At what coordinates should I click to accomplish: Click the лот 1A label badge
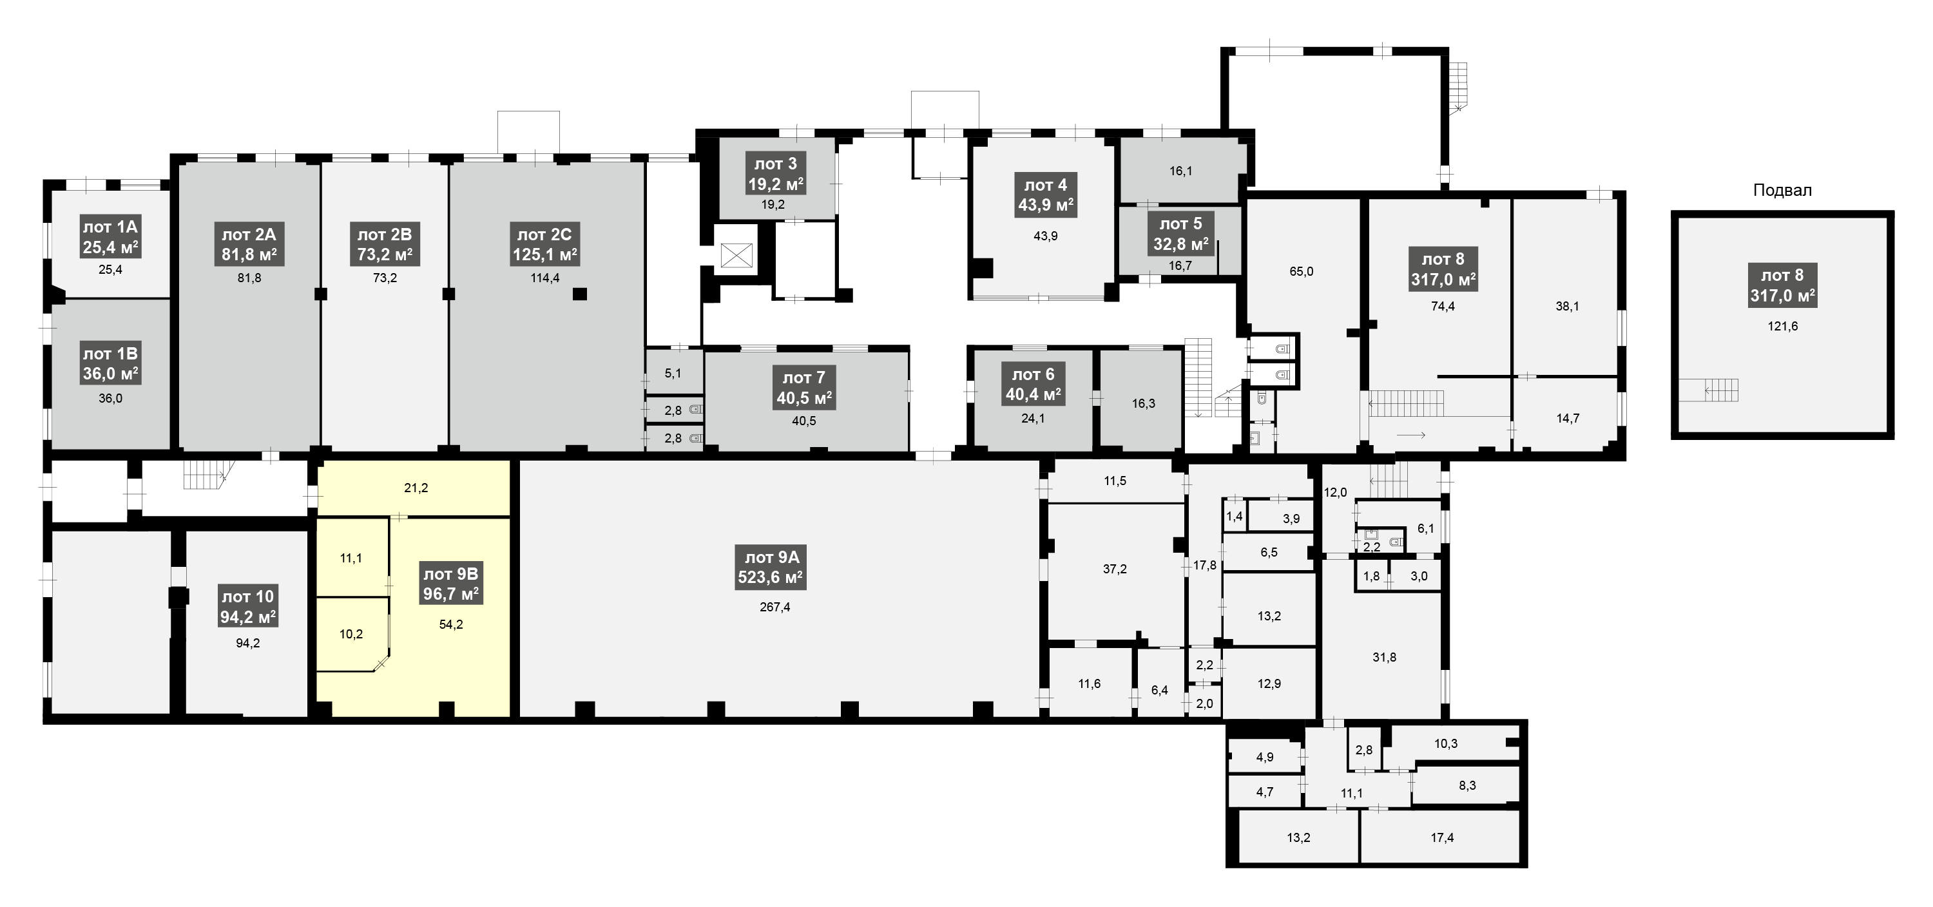pos(110,236)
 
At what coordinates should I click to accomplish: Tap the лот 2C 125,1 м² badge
pos(544,245)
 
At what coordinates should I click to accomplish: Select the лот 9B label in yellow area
pos(451,584)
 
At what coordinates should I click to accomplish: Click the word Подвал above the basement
pos(1782,191)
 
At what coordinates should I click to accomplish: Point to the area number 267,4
pos(774,607)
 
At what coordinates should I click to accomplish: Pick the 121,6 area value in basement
pos(1783,327)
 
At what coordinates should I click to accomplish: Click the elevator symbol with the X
pos(736,255)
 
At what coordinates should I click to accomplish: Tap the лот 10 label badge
pos(247,606)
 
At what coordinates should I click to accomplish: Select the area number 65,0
pos(1301,272)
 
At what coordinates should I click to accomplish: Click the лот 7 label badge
pos(804,387)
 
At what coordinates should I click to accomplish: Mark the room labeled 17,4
pos(1442,837)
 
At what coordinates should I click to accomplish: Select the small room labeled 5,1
pos(674,373)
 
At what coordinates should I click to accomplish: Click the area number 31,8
pos(1385,657)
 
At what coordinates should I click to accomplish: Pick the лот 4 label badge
pos(1045,195)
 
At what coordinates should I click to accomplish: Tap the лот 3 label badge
pos(776,173)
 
